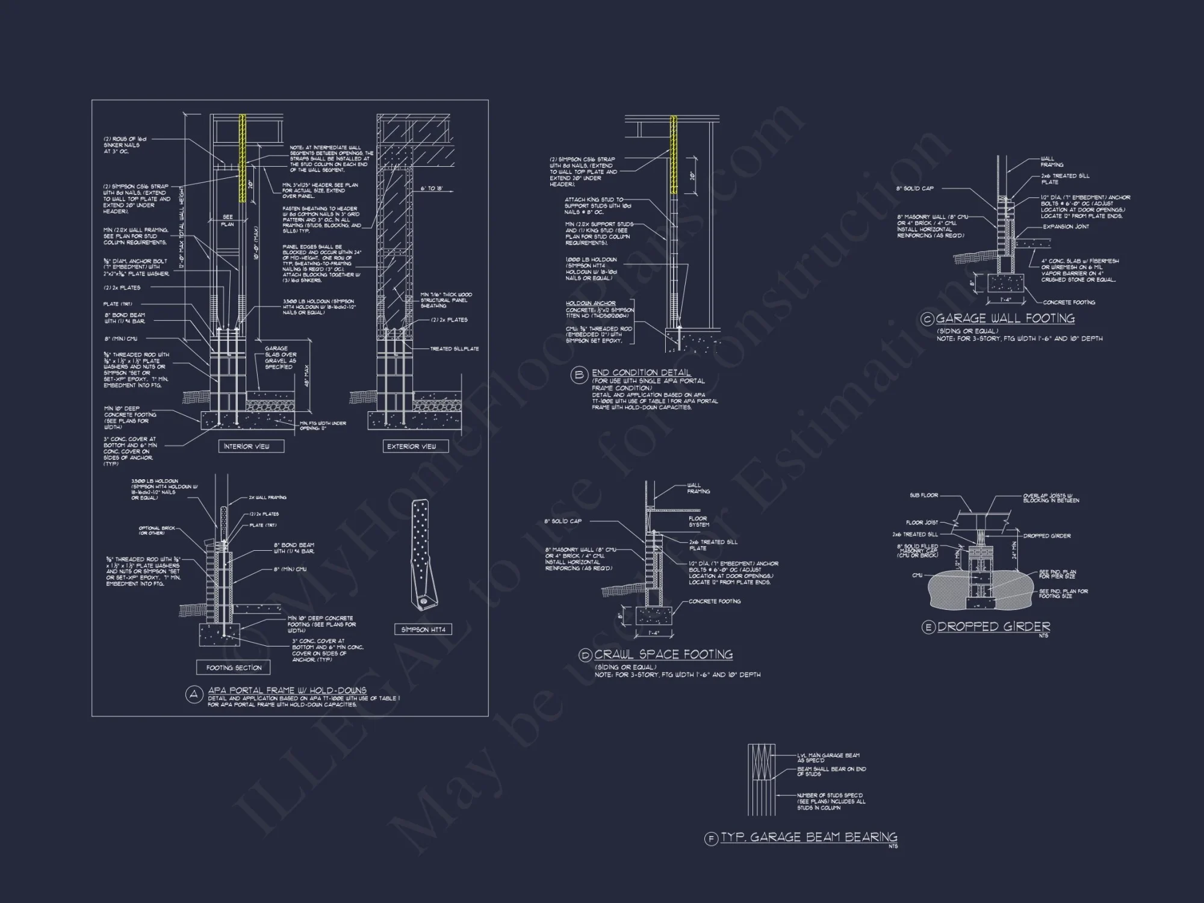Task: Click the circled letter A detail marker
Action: tap(193, 695)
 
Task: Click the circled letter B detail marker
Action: tap(579, 376)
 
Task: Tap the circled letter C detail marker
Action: tap(928, 319)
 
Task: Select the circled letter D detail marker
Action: tap(585, 656)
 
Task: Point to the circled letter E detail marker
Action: tap(928, 627)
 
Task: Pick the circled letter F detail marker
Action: tap(712, 839)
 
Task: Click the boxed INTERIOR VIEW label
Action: tap(251, 446)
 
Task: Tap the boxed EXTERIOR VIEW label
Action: tap(415, 446)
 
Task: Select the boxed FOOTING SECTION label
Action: tap(234, 668)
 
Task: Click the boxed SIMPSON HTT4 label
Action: tap(424, 630)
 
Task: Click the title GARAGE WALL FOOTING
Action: tap(1005, 318)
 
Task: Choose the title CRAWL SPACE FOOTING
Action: tap(663, 654)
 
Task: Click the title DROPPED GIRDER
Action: tap(993, 627)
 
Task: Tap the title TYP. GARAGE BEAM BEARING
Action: tap(808, 837)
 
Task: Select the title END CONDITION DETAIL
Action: tap(641, 373)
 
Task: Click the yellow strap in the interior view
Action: tap(243, 158)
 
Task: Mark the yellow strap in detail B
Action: tap(674, 155)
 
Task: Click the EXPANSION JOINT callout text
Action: tap(1066, 227)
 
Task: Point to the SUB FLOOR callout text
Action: tap(923, 495)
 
